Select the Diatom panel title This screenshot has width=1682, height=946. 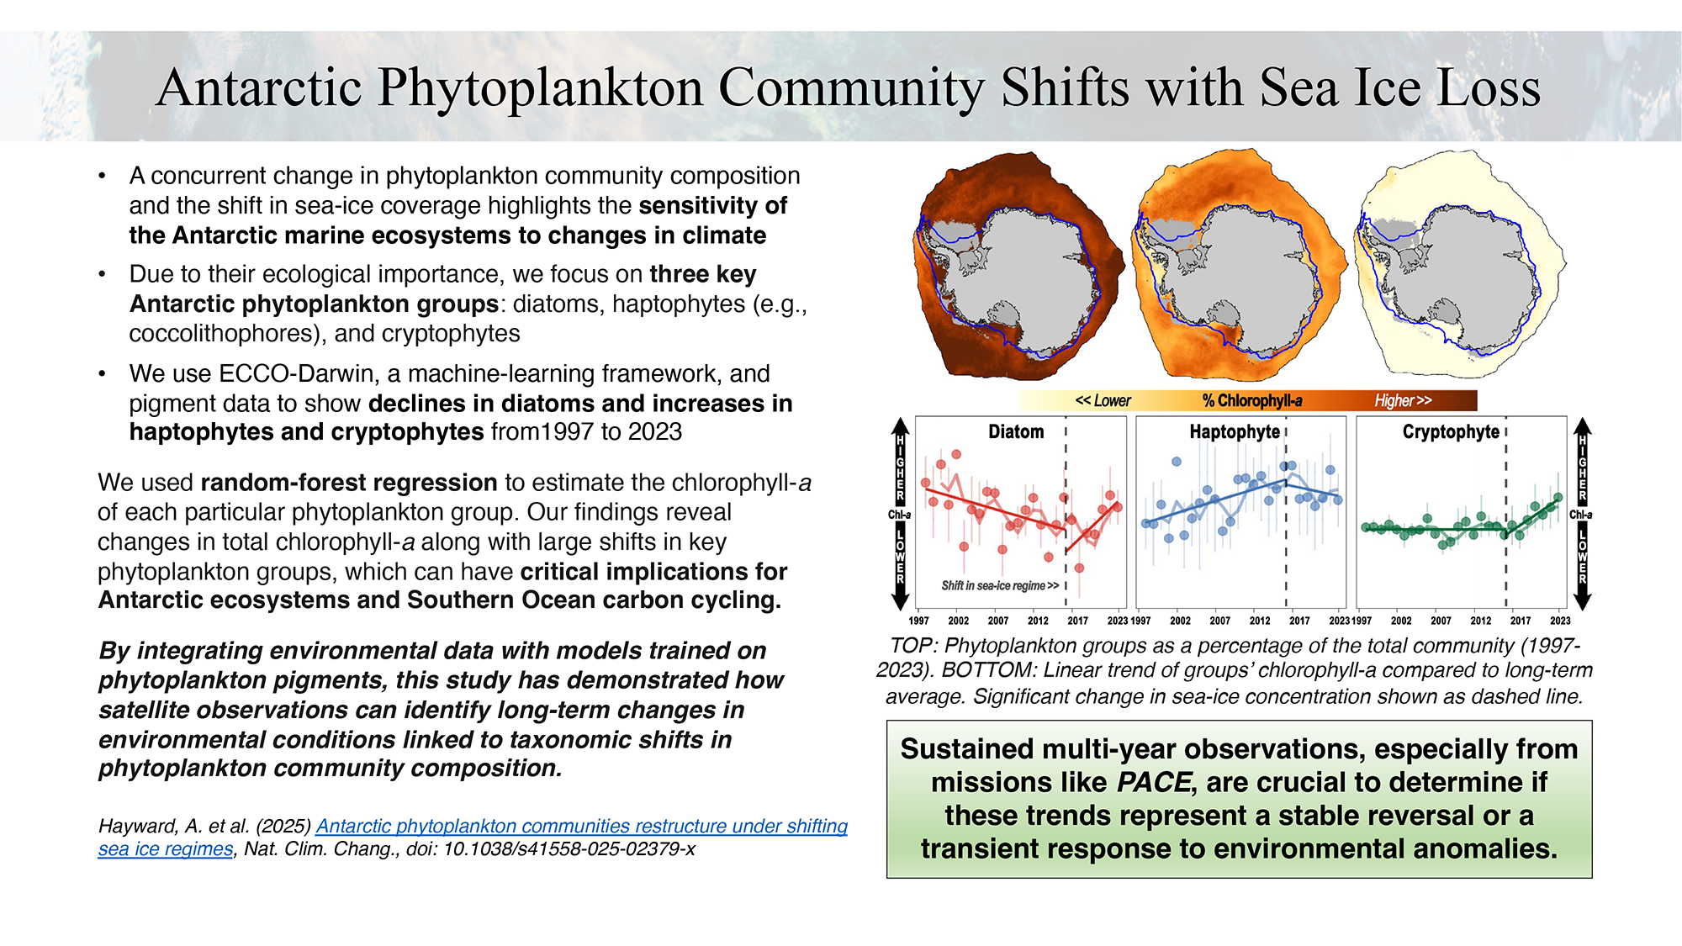(1016, 432)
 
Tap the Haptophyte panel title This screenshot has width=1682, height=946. (1235, 432)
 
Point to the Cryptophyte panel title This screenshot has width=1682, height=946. (1451, 432)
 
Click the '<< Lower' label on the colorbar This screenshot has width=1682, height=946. (1103, 401)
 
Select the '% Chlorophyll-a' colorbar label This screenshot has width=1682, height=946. (1252, 401)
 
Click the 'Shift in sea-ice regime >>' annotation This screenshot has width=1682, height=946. (1000, 585)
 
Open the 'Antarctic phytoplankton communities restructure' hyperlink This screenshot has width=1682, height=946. (581, 827)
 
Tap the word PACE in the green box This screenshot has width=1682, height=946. (1154, 783)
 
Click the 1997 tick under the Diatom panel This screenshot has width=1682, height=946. (919, 621)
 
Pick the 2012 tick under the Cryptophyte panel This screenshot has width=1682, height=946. (1481, 621)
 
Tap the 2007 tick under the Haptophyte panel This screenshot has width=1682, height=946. (1220, 621)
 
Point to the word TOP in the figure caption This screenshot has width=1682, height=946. (912, 646)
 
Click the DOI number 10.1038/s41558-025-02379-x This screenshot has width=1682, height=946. (569, 849)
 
